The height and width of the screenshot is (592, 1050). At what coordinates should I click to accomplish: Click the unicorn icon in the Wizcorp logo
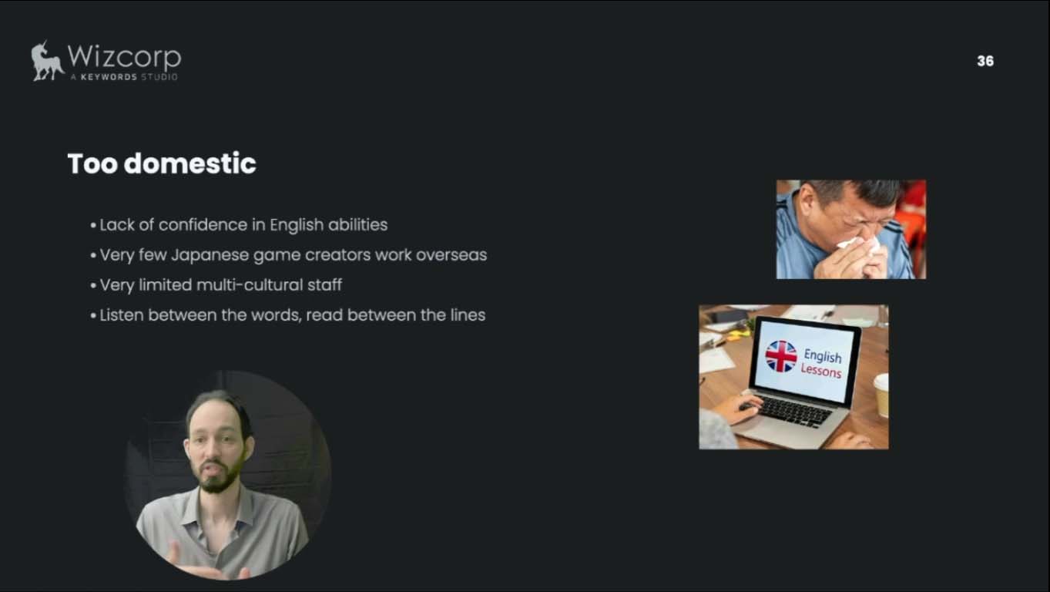click(47, 61)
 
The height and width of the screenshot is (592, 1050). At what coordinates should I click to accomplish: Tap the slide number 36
click(985, 61)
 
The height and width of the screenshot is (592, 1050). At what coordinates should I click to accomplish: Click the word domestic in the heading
click(190, 163)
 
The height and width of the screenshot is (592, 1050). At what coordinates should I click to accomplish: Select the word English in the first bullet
click(297, 225)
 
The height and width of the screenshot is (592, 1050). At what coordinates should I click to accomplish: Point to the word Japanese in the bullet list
click(210, 256)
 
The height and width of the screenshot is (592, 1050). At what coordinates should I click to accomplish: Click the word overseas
click(451, 255)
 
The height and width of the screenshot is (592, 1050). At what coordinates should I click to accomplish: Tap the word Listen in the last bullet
click(122, 314)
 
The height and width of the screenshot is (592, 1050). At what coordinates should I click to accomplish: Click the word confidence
click(203, 224)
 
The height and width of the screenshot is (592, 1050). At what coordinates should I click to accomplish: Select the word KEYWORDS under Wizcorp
click(109, 77)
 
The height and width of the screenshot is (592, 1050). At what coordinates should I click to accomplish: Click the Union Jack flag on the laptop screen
click(781, 356)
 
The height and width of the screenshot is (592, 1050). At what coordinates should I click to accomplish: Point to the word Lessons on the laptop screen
click(820, 371)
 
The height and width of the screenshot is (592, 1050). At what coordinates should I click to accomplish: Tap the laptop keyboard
click(792, 412)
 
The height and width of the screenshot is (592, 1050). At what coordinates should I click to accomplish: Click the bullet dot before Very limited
click(93, 286)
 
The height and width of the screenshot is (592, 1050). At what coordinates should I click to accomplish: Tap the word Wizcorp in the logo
click(124, 57)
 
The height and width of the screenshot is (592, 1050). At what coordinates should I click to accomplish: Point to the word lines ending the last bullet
click(468, 314)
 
